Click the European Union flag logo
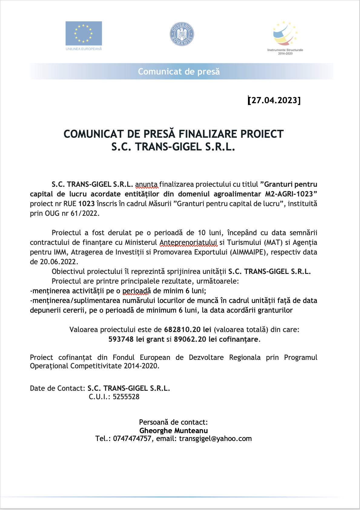coord(84,33)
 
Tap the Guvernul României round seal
coord(182,34)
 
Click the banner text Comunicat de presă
coord(179,72)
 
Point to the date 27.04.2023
coord(275,100)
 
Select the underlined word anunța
coord(146,184)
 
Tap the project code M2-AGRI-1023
coord(289,194)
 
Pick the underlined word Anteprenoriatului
coord(188,242)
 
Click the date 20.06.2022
coord(59,262)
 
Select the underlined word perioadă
coord(137,291)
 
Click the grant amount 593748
coord(121,339)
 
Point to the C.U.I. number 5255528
coord(126,397)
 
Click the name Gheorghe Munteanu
coord(173,431)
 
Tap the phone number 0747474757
coord(132,439)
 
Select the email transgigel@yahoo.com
coord(215,439)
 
